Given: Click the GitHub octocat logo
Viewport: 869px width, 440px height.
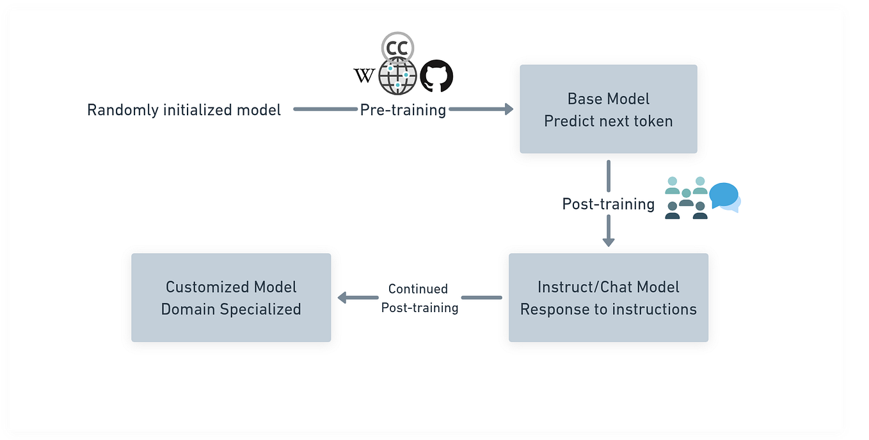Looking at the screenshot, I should pyautogui.click(x=436, y=77).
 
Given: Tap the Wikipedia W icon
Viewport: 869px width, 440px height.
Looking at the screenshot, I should pyautogui.click(x=363, y=76).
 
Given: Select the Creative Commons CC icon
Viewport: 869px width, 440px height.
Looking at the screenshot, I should pyautogui.click(x=397, y=48).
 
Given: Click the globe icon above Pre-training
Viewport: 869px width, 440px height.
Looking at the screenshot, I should pyautogui.click(x=397, y=76).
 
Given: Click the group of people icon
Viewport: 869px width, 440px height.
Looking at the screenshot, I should pyautogui.click(x=685, y=198).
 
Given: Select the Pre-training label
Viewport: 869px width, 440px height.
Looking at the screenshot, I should pyautogui.click(x=403, y=110).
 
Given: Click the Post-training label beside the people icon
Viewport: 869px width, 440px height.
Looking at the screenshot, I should pyautogui.click(x=608, y=204).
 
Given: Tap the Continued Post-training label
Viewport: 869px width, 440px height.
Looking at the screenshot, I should pyautogui.click(x=419, y=298).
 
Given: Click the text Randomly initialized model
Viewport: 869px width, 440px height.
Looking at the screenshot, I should pyautogui.click(x=184, y=110).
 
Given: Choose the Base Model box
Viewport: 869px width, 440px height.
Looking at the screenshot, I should pyautogui.click(x=608, y=109).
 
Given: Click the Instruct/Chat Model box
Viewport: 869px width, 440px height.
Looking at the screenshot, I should pyautogui.click(x=608, y=297).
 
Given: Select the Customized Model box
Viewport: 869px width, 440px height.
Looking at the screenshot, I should pyautogui.click(x=231, y=297).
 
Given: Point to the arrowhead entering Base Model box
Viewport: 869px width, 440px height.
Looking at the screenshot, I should pyautogui.click(x=509, y=109).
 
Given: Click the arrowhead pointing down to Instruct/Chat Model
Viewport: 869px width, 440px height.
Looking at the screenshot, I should pyautogui.click(x=608, y=242).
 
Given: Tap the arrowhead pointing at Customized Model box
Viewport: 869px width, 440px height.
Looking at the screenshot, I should pyautogui.click(x=342, y=297).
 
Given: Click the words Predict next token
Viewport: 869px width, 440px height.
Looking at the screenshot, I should pyautogui.click(x=608, y=121).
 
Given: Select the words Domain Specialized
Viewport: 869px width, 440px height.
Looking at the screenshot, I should pyautogui.click(x=231, y=309).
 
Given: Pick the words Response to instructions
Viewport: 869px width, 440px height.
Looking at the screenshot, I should pyautogui.click(x=608, y=309).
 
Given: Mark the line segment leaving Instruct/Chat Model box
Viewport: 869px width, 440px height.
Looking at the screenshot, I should pyautogui.click(x=481, y=297).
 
